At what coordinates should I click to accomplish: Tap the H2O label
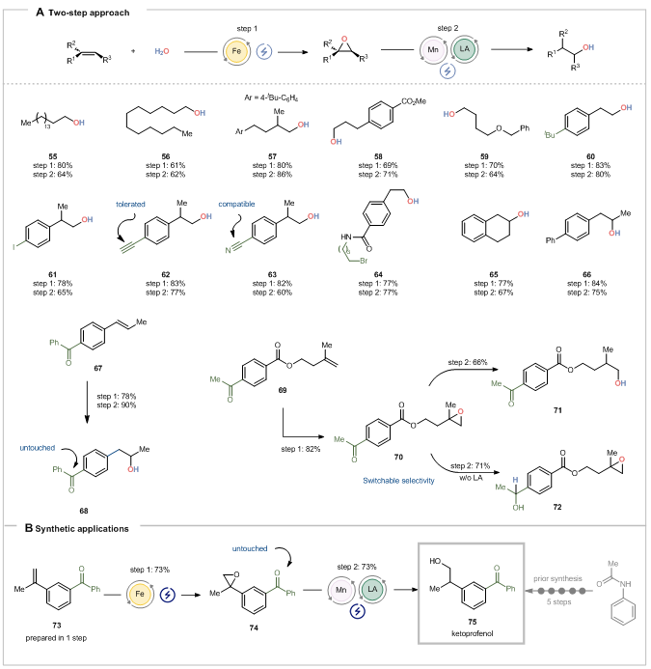(162, 51)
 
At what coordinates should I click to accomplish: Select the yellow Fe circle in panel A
(236, 51)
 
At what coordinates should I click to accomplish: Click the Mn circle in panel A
(433, 50)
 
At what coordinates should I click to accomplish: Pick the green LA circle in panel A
(465, 49)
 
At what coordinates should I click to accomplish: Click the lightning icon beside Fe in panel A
(264, 52)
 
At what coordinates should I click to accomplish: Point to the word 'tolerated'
(130, 205)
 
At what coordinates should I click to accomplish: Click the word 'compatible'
(236, 204)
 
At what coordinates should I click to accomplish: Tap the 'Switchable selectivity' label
(398, 480)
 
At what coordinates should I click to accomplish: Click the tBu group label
(551, 134)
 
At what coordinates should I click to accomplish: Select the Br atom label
(364, 261)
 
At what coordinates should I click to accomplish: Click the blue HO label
(449, 114)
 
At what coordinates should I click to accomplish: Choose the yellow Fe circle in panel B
(141, 593)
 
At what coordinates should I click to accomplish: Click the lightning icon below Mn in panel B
(357, 610)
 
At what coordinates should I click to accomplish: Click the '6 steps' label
(556, 600)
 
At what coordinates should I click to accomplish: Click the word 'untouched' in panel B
(249, 548)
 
